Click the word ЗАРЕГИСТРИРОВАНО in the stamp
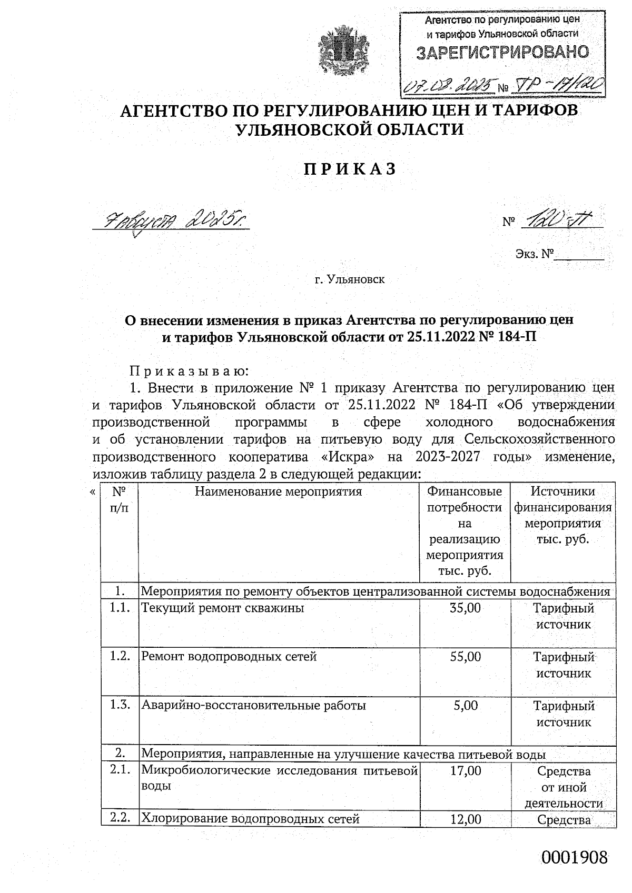(x=502, y=52)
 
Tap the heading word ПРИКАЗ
(x=350, y=169)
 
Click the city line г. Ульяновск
(x=350, y=279)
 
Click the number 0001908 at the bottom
(x=575, y=858)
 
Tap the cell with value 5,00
(x=466, y=705)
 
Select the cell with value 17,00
(x=466, y=771)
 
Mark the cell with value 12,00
(x=466, y=819)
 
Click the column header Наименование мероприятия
(x=279, y=492)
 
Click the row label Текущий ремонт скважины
(x=223, y=609)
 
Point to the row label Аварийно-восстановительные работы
(x=253, y=706)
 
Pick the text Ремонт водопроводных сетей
(x=229, y=657)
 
